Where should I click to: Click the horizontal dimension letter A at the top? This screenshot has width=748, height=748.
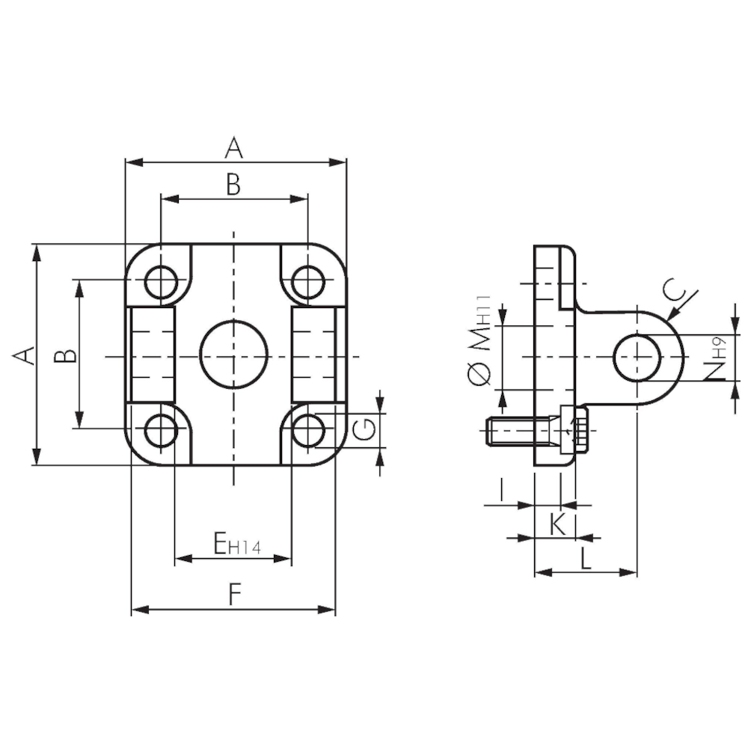[x=233, y=147]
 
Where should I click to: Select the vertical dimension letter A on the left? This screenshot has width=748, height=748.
[x=24, y=356]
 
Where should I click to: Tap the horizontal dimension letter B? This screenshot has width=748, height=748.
[x=233, y=185]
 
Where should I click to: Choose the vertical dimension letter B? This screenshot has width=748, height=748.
[x=65, y=356]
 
